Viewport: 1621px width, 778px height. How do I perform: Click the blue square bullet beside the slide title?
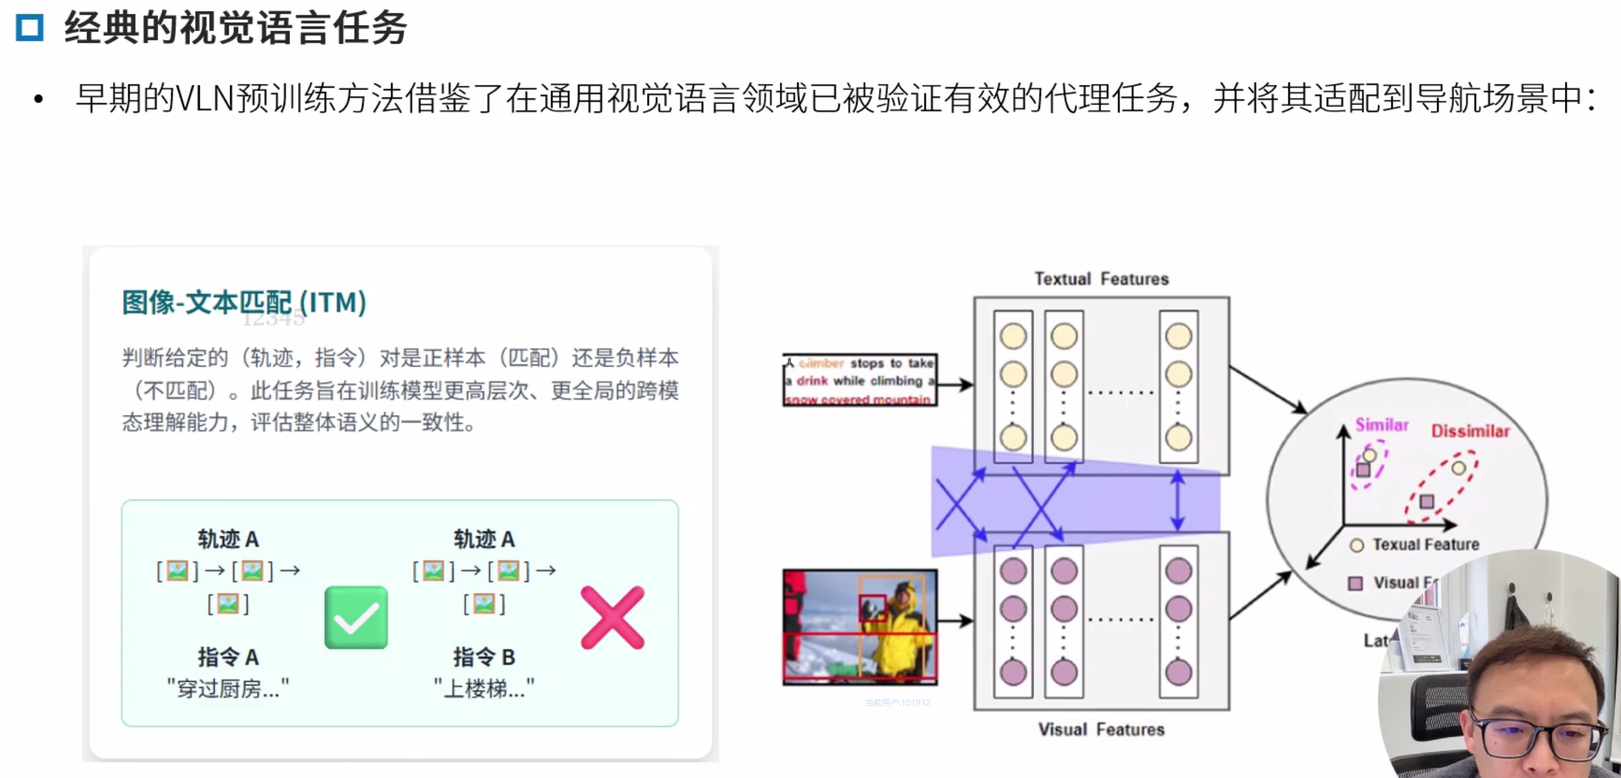(x=29, y=28)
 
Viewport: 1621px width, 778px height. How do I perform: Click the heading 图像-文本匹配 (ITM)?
(x=244, y=302)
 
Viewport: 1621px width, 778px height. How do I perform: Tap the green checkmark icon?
(x=356, y=617)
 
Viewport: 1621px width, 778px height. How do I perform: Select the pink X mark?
(x=612, y=617)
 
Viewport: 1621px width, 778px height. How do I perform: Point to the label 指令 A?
(x=228, y=657)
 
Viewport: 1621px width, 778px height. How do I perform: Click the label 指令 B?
(x=483, y=657)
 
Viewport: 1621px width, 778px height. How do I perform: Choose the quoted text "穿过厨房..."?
(x=228, y=688)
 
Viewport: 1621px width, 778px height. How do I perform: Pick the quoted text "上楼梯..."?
(x=483, y=688)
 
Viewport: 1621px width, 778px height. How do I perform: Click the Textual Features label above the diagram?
(x=1101, y=279)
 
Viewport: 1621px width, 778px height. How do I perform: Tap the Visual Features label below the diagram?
(x=1101, y=730)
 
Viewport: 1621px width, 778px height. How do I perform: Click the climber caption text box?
(x=860, y=380)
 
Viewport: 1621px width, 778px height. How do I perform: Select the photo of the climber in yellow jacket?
(x=860, y=626)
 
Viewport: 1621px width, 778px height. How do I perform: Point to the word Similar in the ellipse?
(x=1381, y=424)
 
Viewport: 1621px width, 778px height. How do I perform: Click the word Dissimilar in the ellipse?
(x=1470, y=431)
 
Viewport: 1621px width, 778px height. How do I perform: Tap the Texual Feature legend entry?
(x=1425, y=544)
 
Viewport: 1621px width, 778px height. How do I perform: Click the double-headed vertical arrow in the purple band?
(x=1178, y=501)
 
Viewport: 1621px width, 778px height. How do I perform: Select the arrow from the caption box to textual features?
(x=955, y=384)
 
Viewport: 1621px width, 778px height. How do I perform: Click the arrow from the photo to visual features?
(x=955, y=620)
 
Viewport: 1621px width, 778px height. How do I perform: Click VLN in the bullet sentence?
(x=204, y=98)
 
